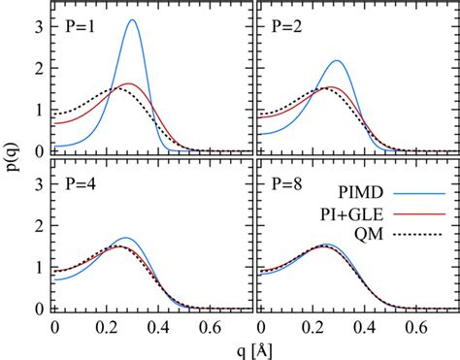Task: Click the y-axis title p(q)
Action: [14, 160]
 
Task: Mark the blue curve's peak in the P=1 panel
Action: [132, 20]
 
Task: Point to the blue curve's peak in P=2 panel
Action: [337, 61]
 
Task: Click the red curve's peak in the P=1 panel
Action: [128, 85]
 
